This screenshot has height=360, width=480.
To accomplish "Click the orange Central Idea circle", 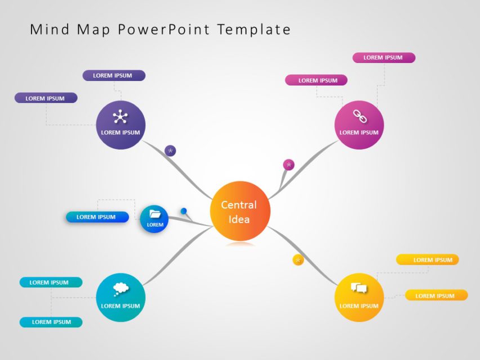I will [240, 211].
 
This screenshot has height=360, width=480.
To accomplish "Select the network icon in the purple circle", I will [120, 117].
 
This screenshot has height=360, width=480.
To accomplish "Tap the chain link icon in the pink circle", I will [359, 116].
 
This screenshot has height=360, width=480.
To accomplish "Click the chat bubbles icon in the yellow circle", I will [359, 289].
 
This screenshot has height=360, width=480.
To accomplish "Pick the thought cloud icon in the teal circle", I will [120, 289].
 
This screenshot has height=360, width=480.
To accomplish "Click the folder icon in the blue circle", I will [155, 214].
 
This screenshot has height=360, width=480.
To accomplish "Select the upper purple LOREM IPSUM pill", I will [114, 75].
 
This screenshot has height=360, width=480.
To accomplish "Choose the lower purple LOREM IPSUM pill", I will [46, 98].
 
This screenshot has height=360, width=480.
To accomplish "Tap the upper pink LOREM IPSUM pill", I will [384, 57].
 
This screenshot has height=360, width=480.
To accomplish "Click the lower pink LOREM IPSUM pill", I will [316, 80].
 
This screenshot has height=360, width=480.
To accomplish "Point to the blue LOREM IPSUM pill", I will [97, 217].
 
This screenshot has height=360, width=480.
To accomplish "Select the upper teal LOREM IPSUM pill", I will [51, 282].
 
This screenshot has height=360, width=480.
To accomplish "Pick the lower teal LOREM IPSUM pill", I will [51, 322].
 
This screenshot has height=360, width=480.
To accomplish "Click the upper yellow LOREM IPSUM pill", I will [428, 260].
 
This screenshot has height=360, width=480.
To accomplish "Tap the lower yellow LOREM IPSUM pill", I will [436, 295].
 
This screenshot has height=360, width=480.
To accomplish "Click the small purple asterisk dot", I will [171, 151].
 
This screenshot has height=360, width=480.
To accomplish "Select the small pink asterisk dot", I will [289, 165].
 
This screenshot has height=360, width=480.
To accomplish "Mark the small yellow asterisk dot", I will [298, 260].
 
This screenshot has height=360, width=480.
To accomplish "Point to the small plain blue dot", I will [183, 211].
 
